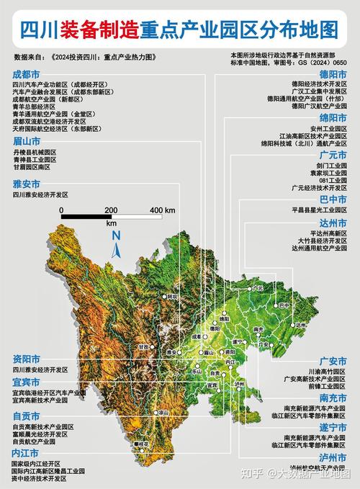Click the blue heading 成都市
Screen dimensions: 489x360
click(27, 73)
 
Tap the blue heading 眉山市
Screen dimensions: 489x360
click(27, 142)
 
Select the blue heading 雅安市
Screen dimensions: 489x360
click(27, 184)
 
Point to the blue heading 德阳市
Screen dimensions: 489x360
click(333, 73)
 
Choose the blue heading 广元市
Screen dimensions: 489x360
click(333, 155)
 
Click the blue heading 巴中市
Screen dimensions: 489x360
click(333, 199)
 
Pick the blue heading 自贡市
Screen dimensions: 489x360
click(27, 416)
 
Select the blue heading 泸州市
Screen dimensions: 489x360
click(333, 458)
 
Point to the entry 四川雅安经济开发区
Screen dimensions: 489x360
click(40, 194)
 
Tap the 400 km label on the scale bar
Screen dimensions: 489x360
click(162, 210)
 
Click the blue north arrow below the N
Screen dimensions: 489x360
click(116, 249)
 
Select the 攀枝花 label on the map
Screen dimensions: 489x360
click(141, 444)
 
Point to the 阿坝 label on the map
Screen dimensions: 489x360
click(171, 296)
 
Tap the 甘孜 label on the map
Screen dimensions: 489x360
click(143, 346)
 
